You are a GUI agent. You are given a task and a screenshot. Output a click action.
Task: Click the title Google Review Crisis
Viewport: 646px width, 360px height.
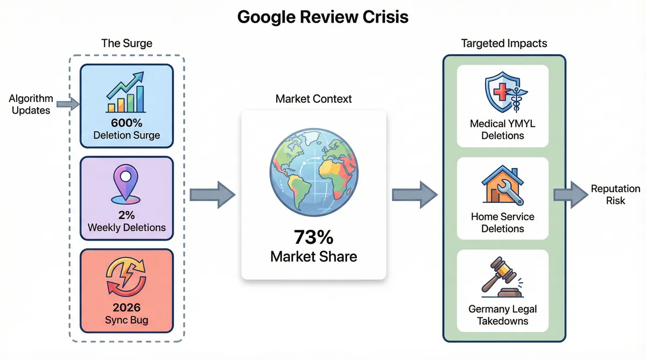(x=322, y=17)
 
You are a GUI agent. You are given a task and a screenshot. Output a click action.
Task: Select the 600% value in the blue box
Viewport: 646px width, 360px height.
(x=127, y=123)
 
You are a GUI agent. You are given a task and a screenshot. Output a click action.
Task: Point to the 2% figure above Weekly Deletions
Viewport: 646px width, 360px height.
(x=127, y=215)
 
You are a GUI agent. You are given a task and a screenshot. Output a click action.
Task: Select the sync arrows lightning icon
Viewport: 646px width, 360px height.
(x=127, y=278)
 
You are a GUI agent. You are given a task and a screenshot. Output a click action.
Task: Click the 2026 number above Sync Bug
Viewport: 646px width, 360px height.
(x=127, y=307)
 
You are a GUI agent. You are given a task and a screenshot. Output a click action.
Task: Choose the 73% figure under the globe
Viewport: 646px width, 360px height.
(x=313, y=237)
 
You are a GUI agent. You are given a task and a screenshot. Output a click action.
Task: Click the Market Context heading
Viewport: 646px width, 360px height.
(x=313, y=99)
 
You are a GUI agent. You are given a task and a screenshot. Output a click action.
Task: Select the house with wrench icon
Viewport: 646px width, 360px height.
(x=502, y=186)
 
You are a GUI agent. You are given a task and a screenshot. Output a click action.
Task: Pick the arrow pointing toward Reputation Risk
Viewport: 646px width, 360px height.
(x=570, y=194)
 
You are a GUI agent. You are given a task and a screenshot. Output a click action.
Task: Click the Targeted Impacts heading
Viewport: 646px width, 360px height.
(x=504, y=44)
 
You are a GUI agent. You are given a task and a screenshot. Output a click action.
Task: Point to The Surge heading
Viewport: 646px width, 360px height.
(x=127, y=44)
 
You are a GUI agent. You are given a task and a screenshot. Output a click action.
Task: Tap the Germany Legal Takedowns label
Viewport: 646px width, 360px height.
(x=502, y=315)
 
